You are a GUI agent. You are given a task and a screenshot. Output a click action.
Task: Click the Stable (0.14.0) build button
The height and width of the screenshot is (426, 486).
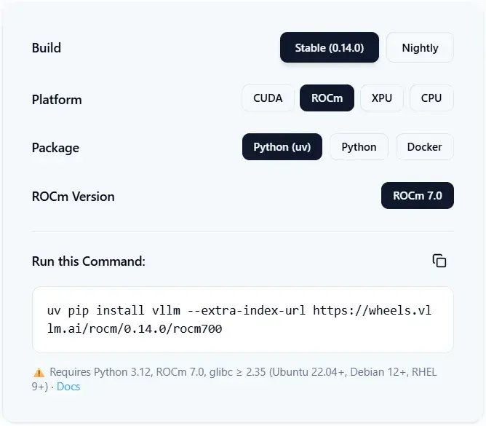(329, 47)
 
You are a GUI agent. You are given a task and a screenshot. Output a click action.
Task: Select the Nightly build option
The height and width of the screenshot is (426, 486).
(420, 47)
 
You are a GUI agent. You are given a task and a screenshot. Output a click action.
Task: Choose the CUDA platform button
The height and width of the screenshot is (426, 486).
(268, 98)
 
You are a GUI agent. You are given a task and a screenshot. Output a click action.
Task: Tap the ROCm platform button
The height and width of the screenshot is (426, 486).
(327, 98)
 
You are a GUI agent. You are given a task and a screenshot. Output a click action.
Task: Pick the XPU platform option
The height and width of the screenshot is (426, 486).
(382, 98)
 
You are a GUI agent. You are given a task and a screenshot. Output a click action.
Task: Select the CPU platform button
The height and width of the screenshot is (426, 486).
(431, 98)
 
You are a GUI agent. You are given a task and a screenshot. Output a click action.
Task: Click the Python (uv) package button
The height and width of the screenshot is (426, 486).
(282, 147)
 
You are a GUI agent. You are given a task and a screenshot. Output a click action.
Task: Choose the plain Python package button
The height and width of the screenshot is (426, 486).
(359, 147)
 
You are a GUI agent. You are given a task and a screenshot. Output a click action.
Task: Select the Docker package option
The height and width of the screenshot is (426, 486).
(425, 147)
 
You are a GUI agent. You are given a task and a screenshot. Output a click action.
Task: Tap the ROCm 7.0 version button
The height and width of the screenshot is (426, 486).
(418, 195)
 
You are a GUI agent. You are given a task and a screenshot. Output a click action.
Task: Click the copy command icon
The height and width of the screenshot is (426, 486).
(439, 261)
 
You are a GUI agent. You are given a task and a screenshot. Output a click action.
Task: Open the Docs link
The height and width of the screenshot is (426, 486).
(68, 387)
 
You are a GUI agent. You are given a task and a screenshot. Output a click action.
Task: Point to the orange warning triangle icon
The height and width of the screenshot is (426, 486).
(39, 372)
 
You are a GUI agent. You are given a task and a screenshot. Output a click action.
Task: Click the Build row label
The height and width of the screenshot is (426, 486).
(47, 48)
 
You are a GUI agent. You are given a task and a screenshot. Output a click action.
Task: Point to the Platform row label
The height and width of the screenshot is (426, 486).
(57, 100)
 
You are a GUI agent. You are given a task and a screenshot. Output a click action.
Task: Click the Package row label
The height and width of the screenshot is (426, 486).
(55, 148)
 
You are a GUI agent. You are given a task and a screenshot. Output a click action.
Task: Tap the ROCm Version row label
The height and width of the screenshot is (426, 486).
(73, 197)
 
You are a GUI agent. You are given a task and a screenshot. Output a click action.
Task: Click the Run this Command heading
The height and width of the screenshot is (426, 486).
(89, 261)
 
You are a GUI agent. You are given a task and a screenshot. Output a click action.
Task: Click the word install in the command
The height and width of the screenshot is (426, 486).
(120, 310)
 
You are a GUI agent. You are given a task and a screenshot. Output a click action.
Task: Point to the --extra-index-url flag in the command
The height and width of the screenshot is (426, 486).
(247, 310)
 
